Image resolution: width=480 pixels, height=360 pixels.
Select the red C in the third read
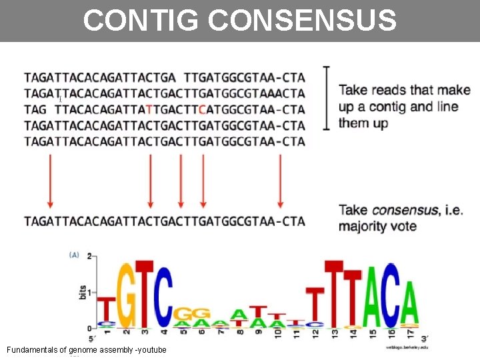tap(202, 109)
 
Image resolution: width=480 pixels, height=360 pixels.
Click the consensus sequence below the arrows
tap(165, 221)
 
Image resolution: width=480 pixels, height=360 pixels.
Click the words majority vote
tap(378, 227)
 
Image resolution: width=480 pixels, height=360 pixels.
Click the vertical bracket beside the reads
tap(326, 97)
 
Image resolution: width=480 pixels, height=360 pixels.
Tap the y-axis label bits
tap(81, 291)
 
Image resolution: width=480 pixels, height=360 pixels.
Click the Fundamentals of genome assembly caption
tap(86, 350)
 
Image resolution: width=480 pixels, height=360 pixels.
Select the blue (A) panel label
tap(74, 254)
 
